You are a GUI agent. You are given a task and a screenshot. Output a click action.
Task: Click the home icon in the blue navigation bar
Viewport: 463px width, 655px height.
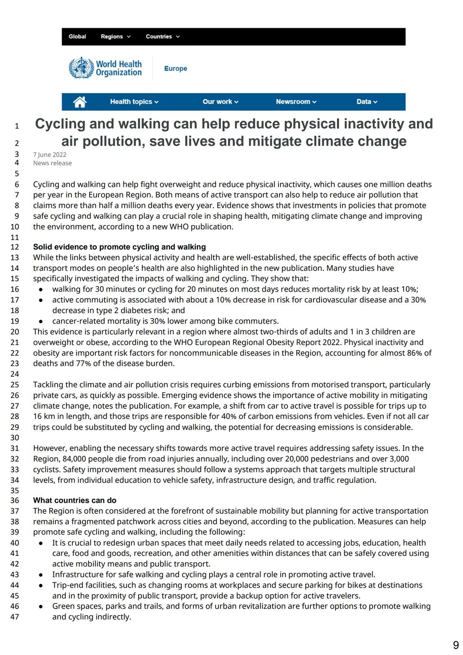(x=80, y=102)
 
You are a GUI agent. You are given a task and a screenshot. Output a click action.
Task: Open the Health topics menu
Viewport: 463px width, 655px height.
(x=134, y=102)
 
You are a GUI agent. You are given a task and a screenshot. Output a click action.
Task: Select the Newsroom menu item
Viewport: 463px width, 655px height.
(x=296, y=102)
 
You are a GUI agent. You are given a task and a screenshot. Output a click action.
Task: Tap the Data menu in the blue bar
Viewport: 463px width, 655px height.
(x=367, y=102)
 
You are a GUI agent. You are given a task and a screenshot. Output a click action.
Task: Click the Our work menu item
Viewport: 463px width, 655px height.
(x=220, y=102)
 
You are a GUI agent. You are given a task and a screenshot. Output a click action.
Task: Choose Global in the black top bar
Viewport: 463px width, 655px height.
(x=77, y=36)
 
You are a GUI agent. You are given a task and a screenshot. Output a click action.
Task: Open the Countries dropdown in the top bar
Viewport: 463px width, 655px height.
(x=162, y=36)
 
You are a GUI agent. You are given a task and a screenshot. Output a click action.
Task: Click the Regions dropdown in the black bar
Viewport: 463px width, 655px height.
(x=115, y=36)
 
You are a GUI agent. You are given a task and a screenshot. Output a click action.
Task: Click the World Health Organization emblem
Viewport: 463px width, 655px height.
(x=81, y=68)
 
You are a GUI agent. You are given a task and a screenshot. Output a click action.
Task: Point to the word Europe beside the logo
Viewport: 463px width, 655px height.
(x=175, y=69)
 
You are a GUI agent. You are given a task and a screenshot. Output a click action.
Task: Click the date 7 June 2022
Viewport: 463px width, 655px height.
(x=50, y=154)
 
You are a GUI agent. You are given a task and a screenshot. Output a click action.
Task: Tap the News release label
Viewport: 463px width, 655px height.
(x=52, y=163)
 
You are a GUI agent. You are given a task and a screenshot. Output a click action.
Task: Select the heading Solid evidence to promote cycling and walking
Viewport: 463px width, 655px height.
(x=119, y=247)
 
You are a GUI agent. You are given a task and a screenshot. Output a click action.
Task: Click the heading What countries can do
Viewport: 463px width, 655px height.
(x=75, y=500)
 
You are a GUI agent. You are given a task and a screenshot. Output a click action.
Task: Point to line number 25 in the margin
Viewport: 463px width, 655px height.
(x=15, y=385)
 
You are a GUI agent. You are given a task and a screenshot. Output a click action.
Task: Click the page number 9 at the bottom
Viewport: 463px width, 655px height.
(x=456, y=645)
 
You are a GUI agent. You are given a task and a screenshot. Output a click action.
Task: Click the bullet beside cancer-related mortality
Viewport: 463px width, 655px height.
(x=41, y=321)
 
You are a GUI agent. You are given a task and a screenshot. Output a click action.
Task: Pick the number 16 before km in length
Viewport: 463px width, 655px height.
(x=38, y=417)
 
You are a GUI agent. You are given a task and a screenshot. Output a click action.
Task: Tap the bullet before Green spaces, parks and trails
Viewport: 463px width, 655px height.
(x=41, y=607)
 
